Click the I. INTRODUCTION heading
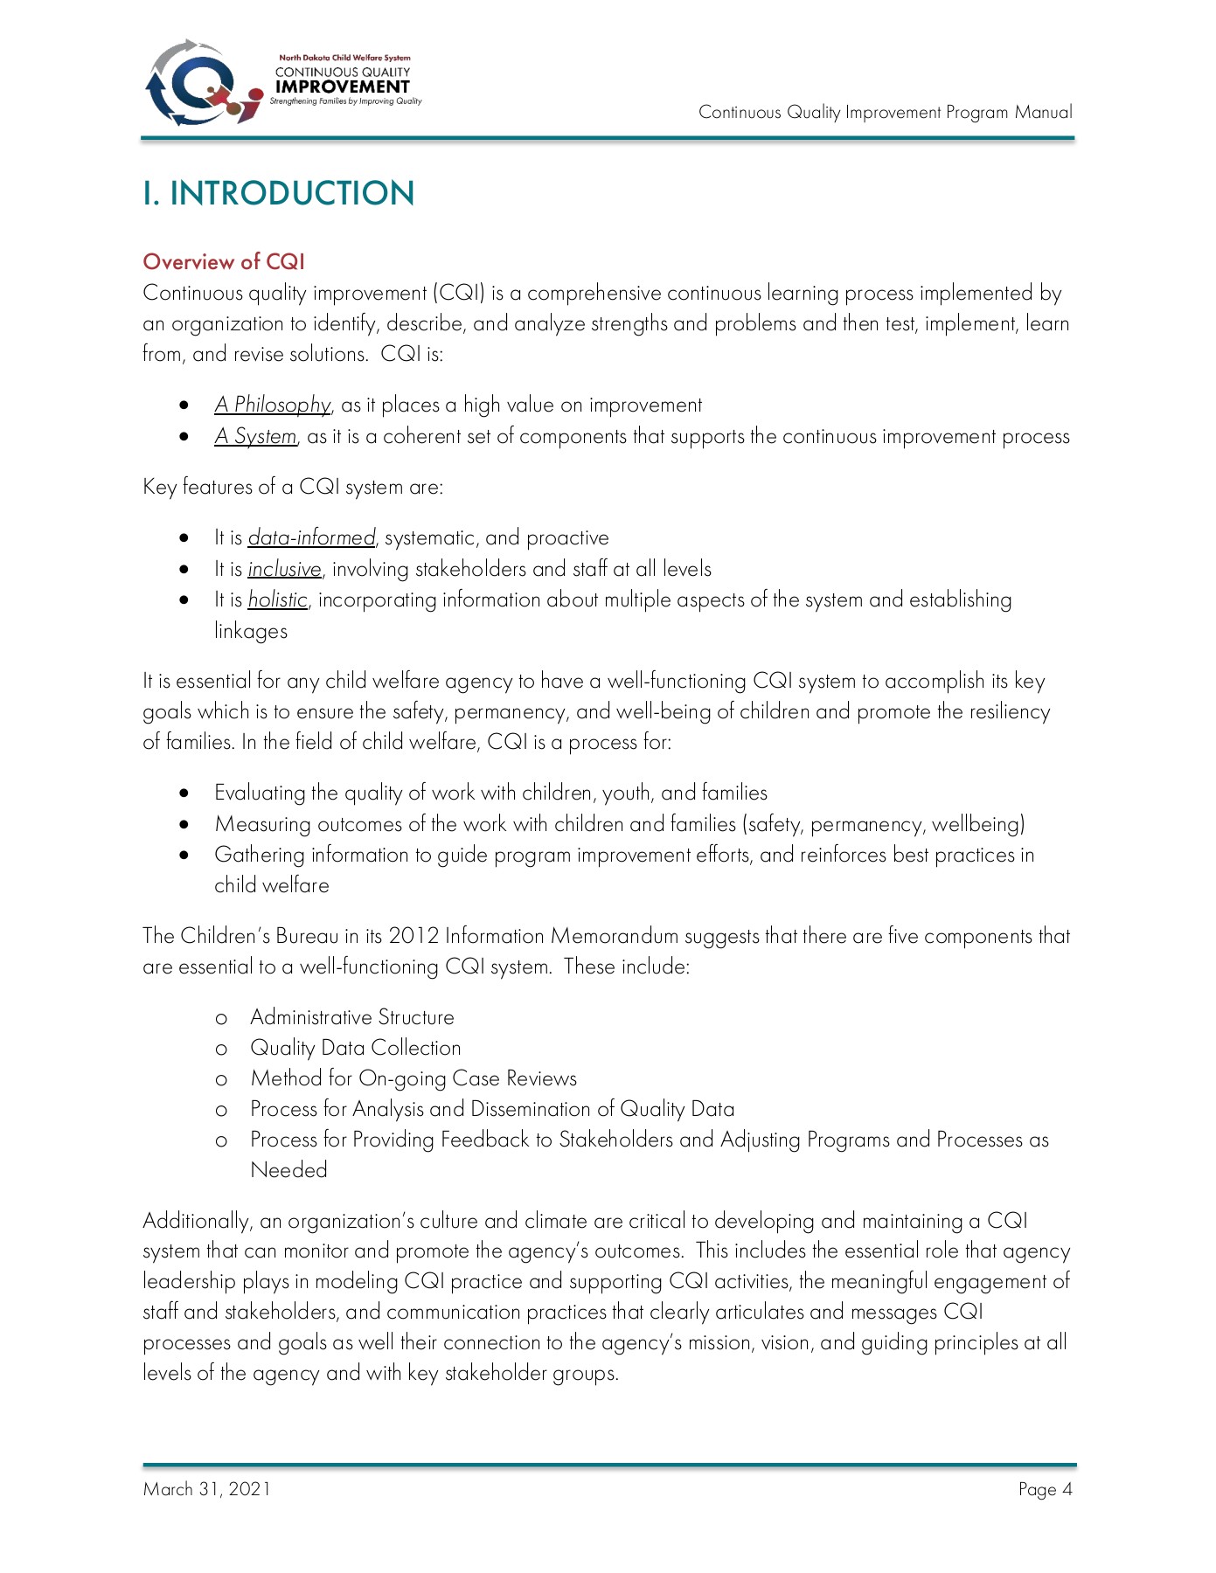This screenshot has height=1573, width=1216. [x=278, y=193]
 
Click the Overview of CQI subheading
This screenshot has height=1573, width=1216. [x=224, y=262]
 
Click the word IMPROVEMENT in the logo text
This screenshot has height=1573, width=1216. [x=342, y=87]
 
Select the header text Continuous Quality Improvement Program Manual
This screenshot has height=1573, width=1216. [x=885, y=112]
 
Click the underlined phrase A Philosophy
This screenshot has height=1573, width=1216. [x=273, y=405]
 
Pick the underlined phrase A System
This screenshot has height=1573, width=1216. [x=255, y=436]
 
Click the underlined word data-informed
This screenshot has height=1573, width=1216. [x=311, y=537]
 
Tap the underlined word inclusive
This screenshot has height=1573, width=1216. [x=284, y=569]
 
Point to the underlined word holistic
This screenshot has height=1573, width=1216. [x=277, y=599]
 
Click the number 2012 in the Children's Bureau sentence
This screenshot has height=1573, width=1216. [x=413, y=936]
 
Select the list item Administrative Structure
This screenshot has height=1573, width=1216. [x=351, y=1017]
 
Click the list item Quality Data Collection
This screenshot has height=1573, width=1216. [x=355, y=1048]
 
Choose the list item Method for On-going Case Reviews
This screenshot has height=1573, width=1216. [x=413, y=1078]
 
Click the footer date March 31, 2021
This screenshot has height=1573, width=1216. [x=206, y=1489]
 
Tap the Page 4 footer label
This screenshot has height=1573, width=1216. [x=1045, y=1489]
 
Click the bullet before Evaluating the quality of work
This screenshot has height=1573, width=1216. [x=184, y=793]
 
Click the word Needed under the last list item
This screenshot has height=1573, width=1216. [x=288, y=1170]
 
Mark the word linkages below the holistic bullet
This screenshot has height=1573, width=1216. [x=251, y=631]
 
